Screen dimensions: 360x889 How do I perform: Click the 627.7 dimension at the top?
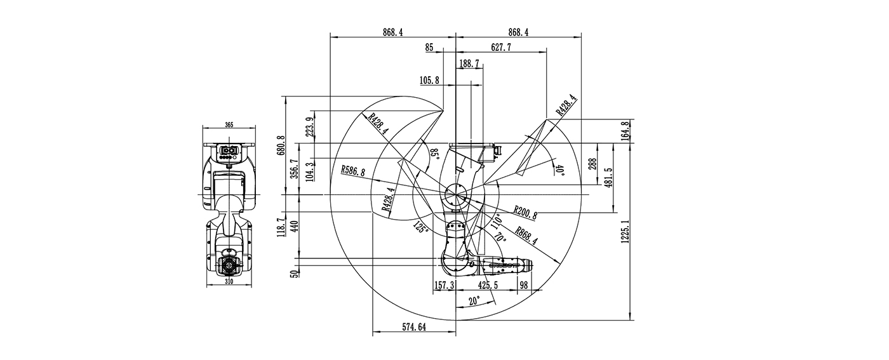(501, 48)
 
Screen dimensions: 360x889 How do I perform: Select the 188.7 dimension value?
(469, 63)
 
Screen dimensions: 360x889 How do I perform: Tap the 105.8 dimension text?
(430, 80)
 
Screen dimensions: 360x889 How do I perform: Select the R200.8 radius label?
(525, 213)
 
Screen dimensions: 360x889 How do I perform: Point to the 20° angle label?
(474, 302)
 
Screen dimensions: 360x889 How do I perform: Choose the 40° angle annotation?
(559, 170)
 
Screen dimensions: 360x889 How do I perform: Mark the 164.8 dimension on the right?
(625, 131)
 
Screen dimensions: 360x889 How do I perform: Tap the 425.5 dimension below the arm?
(488, 286)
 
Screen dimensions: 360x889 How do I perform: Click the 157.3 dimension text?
(444, 286)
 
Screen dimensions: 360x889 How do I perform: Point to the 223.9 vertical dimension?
(309, 128)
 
